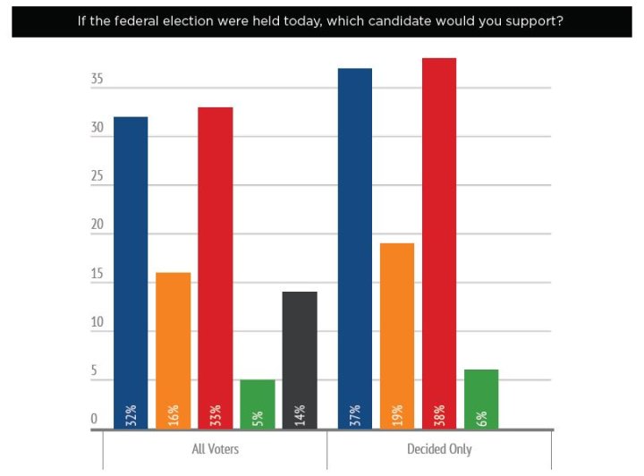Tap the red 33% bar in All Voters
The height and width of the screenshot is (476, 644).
click(215, 268)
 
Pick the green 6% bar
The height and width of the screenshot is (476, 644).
click(481, 399)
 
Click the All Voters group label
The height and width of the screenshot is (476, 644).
click(215, 449)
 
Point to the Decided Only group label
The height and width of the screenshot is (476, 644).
click(439, 449)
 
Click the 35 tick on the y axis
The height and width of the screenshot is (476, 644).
click(97, 80)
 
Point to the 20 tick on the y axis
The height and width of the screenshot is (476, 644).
click(97, 225)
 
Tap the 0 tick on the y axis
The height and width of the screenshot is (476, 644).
click(93, 419)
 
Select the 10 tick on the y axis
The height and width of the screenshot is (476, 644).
click(97, 322)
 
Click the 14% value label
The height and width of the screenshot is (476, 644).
click(300, 415)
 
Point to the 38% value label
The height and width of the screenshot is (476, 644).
click(439, 415)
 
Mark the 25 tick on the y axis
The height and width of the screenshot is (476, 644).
click(97, 176)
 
